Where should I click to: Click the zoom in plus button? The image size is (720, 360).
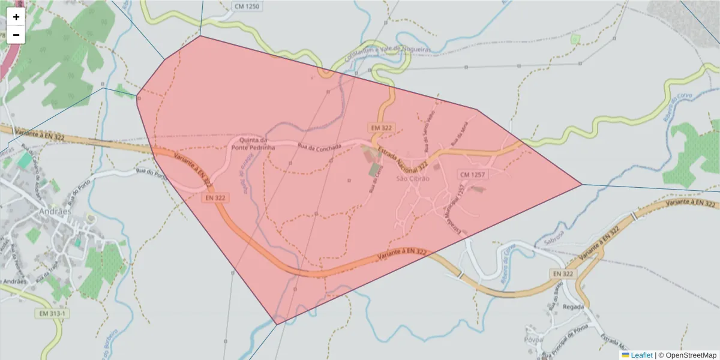tap(16, 17)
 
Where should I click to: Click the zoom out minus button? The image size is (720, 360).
tap(16, 35)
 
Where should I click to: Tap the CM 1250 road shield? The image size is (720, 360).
tap(247, 5)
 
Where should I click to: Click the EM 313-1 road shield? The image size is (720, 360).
tap(53, 314)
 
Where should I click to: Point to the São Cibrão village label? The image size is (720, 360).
tap(413, 178)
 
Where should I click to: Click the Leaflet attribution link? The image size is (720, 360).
tap(641, 355)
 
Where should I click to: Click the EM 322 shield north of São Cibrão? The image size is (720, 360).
tap(381, 128)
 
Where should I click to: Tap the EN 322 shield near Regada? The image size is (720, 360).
tap(563, 274)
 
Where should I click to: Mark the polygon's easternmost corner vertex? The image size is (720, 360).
tap(581, 184)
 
